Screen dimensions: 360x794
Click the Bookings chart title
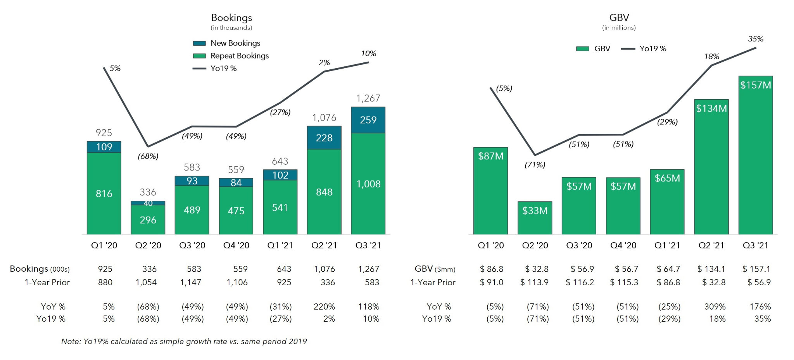[x=231, y=18]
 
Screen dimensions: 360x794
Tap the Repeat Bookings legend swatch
[x=199, y=56]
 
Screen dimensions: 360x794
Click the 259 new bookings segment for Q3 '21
[x=368, y=120]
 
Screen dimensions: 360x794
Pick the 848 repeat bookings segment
[x=324, y=192]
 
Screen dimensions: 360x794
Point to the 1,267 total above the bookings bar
[x=368, y=98]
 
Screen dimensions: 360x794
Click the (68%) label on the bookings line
[x=148, y=157]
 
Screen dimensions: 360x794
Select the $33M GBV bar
[x=535, y=217]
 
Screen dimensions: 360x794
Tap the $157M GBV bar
[x=755, y=155]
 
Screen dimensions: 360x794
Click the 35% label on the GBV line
[x=755, y=39]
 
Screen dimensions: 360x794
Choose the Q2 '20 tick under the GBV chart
[x=535, y=245]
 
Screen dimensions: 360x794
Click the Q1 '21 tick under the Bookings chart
[x=280, y=245]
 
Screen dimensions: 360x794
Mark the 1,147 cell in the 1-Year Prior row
[x=191, y=282]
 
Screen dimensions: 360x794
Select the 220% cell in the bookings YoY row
[x=324, y=307]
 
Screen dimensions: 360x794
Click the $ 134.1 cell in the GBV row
[x=711, y=269]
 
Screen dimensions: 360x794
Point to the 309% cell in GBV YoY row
[x=715, y=307]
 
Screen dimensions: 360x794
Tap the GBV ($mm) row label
[x=435, y=269]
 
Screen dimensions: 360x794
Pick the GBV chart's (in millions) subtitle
[x=619, y=28]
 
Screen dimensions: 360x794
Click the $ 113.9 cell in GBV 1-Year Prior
[x=534, y=282]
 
